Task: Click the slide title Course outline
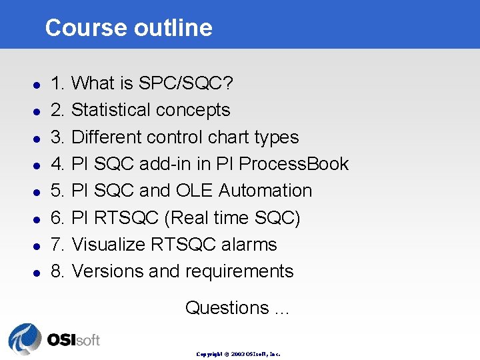[129, 28]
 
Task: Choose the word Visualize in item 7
[108, 245]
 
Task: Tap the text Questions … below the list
[237, 308]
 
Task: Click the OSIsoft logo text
[73, 339]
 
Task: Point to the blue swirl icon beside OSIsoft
[25, 339]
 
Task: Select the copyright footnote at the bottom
[239, 354]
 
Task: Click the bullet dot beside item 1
[39, 85]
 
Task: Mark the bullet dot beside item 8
[39, 273]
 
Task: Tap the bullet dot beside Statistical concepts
[39, 111]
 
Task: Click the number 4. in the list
[58, 164]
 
